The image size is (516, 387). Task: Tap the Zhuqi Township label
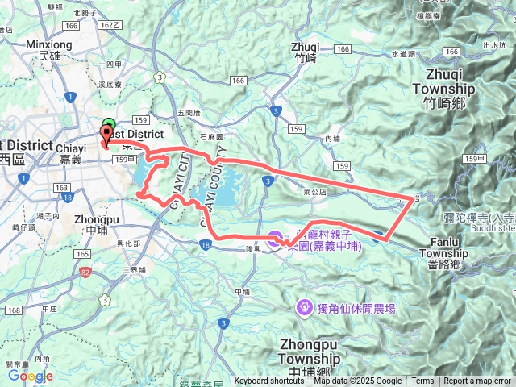pyautogui.click(x=443, y=89)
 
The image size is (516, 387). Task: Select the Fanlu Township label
pyautogui.click(x=443, y=247)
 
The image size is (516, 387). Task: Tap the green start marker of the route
pyautogui.click(x=109, y=126)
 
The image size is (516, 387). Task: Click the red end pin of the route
pyautogui.click(x=105, y=136)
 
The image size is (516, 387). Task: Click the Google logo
pyautogui.click(x=31, y=376)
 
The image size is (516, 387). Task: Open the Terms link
pyautogui.click(x=422, y=381)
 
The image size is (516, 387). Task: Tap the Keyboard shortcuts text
pyautogui.click(x=269, y=381)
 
